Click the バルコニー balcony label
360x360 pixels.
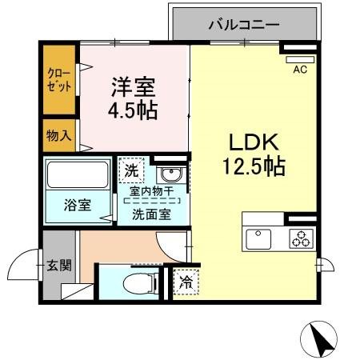(244, 25)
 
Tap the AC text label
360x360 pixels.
(300, 70)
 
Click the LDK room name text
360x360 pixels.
(254, 144)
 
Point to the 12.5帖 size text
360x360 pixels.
(254, 168)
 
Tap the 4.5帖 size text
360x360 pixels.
(133, 109)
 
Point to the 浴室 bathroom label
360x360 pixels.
(77, 204)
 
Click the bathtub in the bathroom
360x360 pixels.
(78, 175)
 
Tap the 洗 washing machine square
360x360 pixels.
(130, 170)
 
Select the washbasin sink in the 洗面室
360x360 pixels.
(169, 174)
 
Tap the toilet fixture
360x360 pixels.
(138, 282)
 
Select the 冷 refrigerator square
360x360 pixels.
(186, 282)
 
